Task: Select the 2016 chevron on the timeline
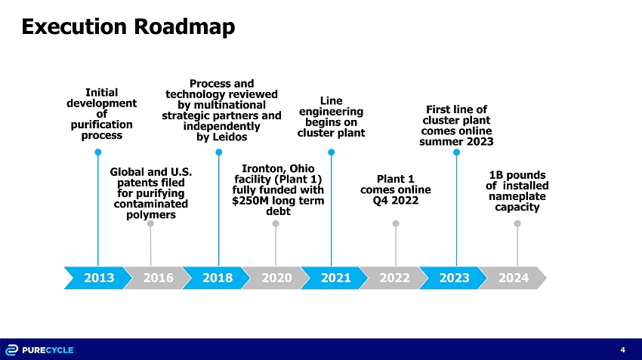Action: point(158,278)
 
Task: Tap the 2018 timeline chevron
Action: point(217,278)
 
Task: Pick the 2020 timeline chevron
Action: point(276,278)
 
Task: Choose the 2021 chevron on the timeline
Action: point(335,278)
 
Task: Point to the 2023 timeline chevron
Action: point(454,278)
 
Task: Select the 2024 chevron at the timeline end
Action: point(513,278)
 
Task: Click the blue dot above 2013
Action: point(98,152)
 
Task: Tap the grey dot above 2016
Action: point(150,223)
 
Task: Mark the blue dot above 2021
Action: point(332,152)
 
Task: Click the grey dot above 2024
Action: point(517,223)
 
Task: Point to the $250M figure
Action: point(249,201)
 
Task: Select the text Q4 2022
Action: point(396,201)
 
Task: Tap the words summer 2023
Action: point(456,142)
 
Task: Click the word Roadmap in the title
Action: point(184,26)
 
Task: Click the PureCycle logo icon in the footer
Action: point(11,349)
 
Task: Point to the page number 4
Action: point(623,349)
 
